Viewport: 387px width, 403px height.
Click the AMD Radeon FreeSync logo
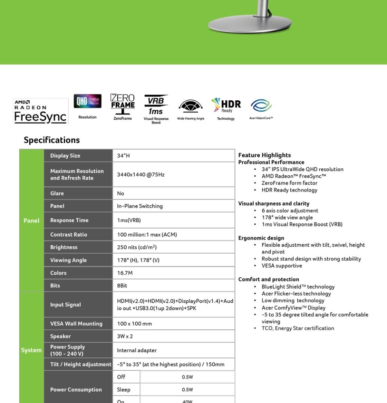40,111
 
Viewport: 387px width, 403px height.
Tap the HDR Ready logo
226,106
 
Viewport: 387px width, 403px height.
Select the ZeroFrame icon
123,104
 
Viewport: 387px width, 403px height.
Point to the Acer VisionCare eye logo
261,106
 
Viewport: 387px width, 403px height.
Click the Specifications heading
52,140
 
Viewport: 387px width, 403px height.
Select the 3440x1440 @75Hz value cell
141,174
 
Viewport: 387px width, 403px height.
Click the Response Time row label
69,220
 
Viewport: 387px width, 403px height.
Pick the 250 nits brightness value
137,247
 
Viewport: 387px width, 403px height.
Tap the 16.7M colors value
125,273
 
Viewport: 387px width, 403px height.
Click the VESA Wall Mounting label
76,324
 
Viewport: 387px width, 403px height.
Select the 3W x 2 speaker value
125,336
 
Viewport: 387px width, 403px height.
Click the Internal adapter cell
137,351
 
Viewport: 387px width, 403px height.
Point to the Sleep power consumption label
123,390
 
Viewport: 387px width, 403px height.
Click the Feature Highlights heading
264,155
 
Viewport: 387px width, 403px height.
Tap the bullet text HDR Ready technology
289,190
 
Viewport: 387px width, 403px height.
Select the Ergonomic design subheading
261,238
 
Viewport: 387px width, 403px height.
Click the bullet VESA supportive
281,266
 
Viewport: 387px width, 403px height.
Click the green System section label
31,350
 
